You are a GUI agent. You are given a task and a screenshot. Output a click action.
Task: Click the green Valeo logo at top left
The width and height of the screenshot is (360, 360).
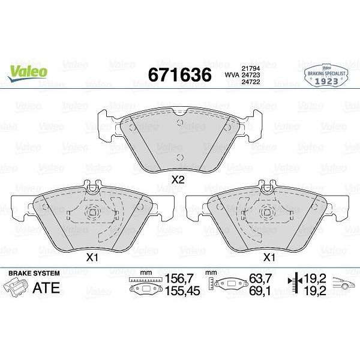pyautogui.click(x=28, y=70)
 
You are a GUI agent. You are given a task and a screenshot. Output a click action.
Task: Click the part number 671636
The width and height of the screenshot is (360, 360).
pyautogui.click(x=179, y=75)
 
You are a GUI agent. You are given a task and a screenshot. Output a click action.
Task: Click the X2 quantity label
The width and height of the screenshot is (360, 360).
pyautogui.click(x=178, y=179)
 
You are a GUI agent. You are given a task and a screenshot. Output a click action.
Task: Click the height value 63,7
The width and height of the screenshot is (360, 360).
pyautogui.click(x=257, y=278)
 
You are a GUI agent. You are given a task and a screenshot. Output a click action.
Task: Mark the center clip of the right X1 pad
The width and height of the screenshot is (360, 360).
pyautogui.click(x=268, y=211)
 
